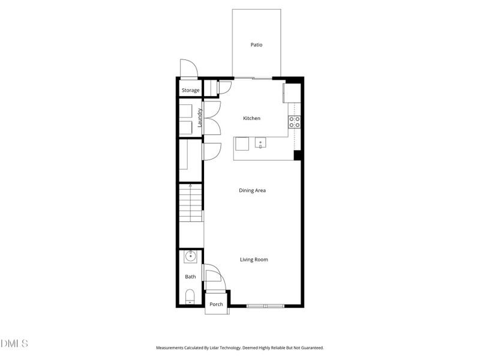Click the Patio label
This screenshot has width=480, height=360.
point(256,45)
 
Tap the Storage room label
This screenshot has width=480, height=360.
point(191,91)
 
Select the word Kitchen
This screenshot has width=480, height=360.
point(251,119)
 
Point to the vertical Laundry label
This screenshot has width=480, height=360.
point(200,118)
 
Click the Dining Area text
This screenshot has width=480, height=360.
point(252,191)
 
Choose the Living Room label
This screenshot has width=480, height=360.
point(254,260)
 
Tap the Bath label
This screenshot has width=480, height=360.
point(190,277)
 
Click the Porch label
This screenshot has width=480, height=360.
point(216,304)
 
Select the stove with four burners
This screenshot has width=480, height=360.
point(295,122)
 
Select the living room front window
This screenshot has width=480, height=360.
point(265,306)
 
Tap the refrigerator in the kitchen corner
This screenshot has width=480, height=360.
point(292,93)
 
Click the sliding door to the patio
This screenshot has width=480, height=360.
point(253,78)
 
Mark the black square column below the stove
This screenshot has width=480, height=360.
point(297,155)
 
